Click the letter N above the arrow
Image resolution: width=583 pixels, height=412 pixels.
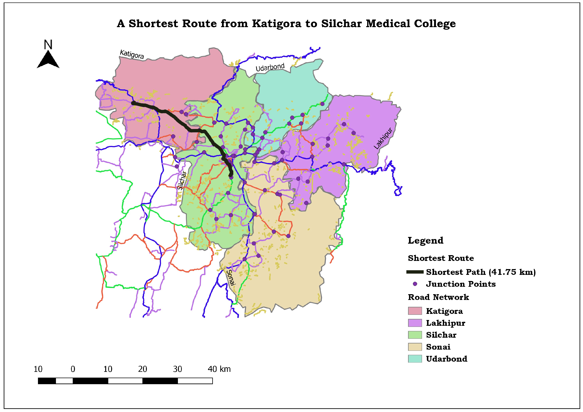pos(48,45)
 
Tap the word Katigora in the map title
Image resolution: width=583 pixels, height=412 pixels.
pos(276,24)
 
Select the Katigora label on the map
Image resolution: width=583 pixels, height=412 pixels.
pos(132,54)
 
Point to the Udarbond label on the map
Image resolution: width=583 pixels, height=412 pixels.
pos(270,67)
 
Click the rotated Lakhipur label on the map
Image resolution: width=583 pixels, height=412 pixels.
pos(383,138)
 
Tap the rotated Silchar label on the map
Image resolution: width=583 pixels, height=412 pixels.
pos(182,180)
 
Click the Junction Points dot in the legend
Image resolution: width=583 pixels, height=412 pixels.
pos(415,284)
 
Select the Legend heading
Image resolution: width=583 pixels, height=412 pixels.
pos(425,240)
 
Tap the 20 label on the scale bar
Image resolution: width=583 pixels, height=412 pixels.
pos(142,369)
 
